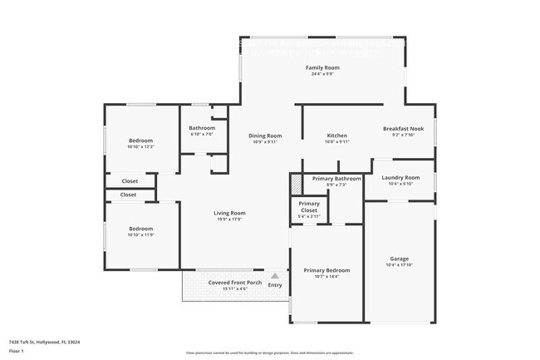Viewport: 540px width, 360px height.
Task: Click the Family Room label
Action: tap(322, 67)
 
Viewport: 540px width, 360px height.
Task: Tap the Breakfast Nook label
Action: tap(403, 129)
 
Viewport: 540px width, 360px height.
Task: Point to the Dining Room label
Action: tap(266, 136)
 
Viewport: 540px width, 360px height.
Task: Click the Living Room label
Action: tap(230, 213)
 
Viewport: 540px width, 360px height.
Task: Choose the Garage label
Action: tap(400, 259)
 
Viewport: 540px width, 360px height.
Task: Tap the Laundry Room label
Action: tap(400, 177)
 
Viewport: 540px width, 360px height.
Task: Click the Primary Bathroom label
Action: tap(336, 179)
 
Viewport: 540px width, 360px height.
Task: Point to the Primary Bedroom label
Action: tap(326, 270)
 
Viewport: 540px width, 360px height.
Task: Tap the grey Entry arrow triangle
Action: tap(275, 275)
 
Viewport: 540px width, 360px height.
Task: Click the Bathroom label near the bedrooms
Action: tap(203, 128)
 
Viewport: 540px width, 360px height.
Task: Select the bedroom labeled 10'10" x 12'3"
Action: tap(140, 141)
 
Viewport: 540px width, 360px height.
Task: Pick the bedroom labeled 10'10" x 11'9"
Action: tap(140, 229)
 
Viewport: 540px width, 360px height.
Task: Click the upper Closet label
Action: tap(130, 180)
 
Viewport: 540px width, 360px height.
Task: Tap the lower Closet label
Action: tap(128, 195)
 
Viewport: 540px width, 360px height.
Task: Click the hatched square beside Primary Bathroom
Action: tap(295, 180)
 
